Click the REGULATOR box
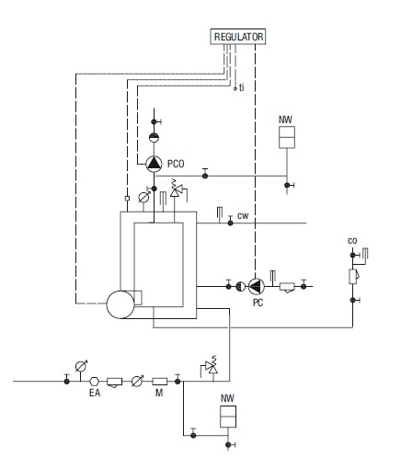click(x=238, y=37)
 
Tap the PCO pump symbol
click(x=154, y=164)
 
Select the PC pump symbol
click(x=256, y=286)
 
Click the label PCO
click(x=176, y=164)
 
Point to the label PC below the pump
click(x=258, y=303)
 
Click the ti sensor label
click(x=242, y=87)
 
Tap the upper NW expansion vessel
click(x=287, y=137)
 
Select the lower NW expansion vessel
click(x=228, y=417)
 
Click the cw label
click(x=243, y=216)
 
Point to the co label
click(x=352, y=241)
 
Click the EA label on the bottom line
click(x=95, y=393)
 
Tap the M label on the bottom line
click(x=159, y=393)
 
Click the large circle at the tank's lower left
click(x=120, y=304)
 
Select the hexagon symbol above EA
click(x=95, y=382)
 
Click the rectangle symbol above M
click(x=160, y=382)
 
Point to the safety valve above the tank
click(x=176, y=190)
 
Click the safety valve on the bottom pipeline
click(x=212, y=367)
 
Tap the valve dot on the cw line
click(x=231, y=223)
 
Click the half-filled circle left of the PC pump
click(x=241, y=287)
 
